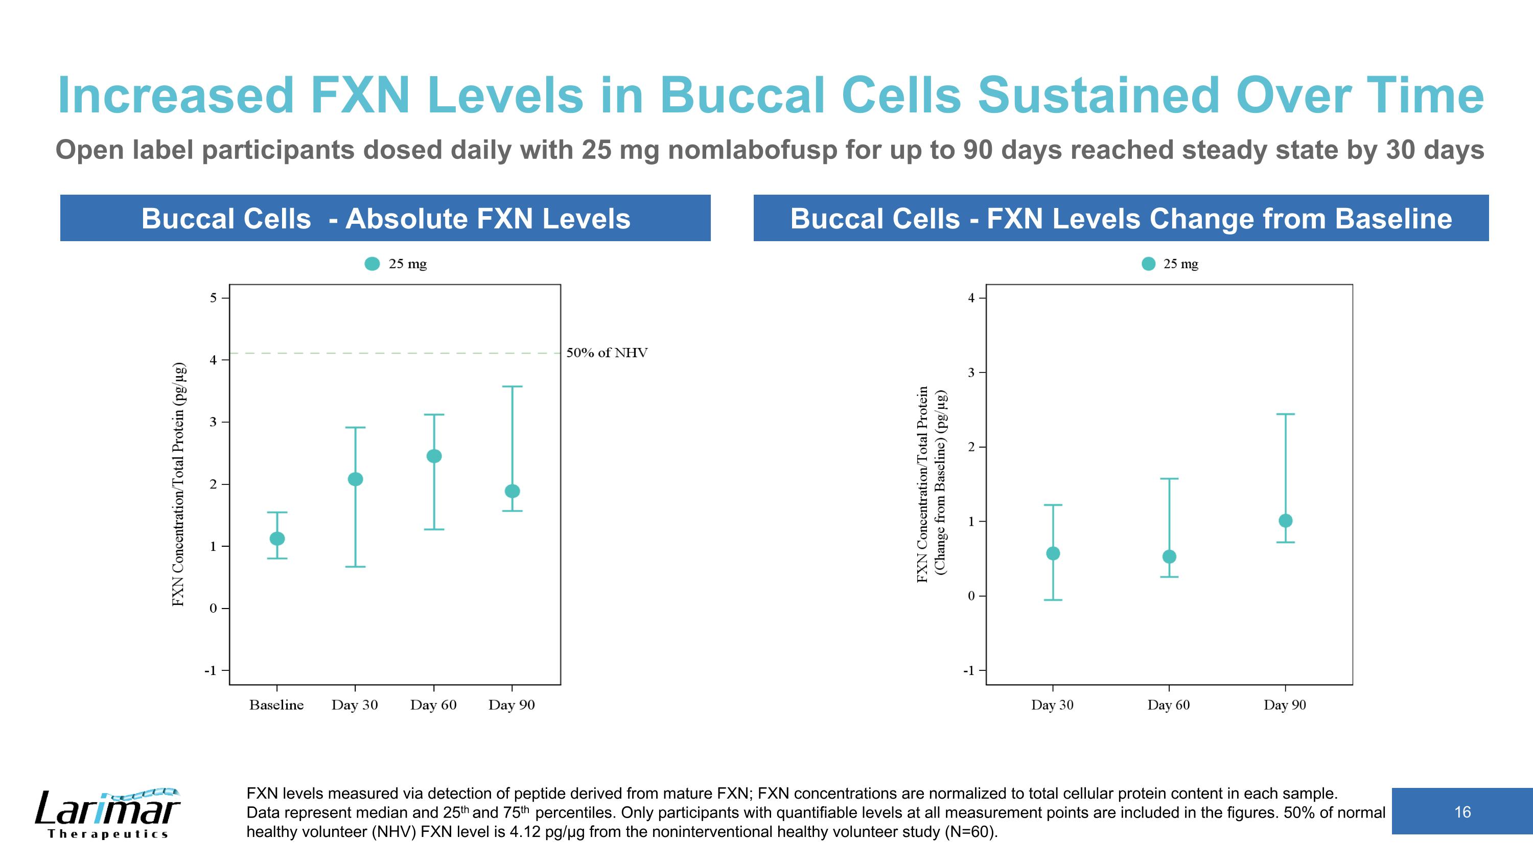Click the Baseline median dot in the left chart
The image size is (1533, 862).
pos(277,539)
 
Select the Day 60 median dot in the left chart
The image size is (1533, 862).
pos(434,456)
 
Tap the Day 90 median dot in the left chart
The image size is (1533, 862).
pos(513,491)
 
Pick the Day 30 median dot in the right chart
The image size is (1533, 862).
pos(1053,553)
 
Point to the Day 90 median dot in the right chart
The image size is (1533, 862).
pos(1286,521)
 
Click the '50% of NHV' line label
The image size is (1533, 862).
pos(607,353)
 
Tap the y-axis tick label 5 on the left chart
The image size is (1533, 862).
pos(213,297)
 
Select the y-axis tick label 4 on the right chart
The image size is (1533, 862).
pos(971,297)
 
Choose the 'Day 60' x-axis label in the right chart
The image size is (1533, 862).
pos(1169,705)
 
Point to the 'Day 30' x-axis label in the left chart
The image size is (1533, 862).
pos(355,705)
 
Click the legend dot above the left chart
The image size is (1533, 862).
pos(372,264)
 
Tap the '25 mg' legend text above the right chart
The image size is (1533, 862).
pos(1181,264)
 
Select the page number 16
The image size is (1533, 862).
pos(1462,812)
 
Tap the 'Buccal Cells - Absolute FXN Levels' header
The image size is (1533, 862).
pos(386,218)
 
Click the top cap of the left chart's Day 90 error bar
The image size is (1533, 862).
pos(513,387)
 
